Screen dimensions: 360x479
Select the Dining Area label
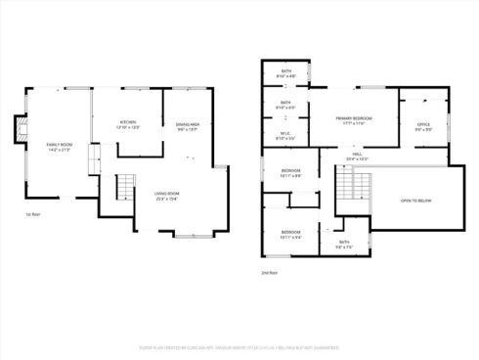tap(188, 126)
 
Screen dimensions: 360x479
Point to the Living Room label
tap(166, 194)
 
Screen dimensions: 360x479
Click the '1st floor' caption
tap(32, 215)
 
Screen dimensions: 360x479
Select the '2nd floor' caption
tap(270, 272)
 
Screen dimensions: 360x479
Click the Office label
tap(423, 125)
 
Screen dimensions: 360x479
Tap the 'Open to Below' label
tap(415, 200)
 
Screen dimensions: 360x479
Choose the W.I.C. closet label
tap(285, 136)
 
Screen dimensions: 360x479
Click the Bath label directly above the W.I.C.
tap(285, 104)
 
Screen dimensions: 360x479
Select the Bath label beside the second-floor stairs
tap(344, 243)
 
